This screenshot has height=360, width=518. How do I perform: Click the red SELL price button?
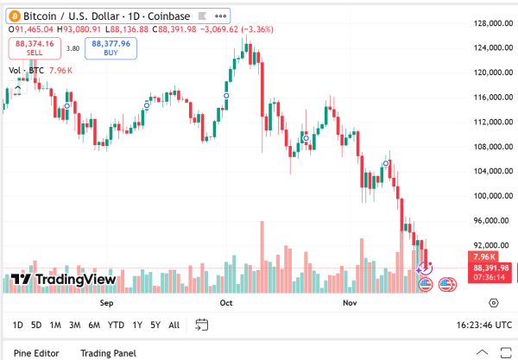(x=35, y=47)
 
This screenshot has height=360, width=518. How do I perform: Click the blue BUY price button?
(x=111, y=47)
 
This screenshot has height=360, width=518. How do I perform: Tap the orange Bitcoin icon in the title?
(x=14, y=16)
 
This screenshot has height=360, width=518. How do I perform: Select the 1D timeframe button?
(x=18, y=325)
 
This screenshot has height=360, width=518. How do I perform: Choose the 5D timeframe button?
(x=36, y=325)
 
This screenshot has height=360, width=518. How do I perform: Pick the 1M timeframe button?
(x=55, y=325)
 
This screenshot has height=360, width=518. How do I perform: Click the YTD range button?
(x=116, y=325)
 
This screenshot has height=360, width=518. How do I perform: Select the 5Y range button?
(x=155, y=325)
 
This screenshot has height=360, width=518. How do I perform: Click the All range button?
(x=174, y=325)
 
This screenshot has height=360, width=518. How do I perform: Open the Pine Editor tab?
(x=36, y=353)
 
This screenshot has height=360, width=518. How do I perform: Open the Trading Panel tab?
(x=108, y=353)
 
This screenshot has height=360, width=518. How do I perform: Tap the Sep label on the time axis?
(x=107, y=304)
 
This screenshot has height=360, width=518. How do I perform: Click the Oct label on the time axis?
(x=227, y=304)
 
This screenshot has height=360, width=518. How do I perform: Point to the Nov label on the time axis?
(x=351, y=304)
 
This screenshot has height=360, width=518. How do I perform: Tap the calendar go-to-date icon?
(x=202, y=325)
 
